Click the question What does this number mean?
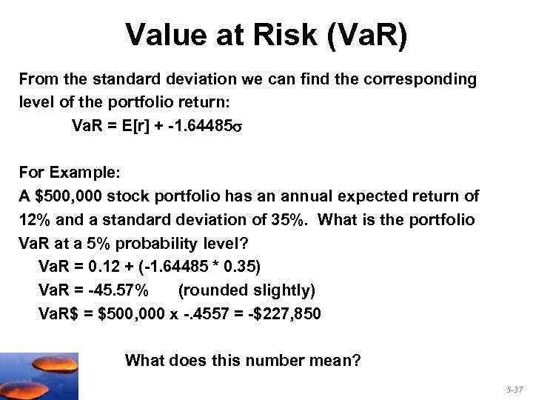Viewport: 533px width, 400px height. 243,361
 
